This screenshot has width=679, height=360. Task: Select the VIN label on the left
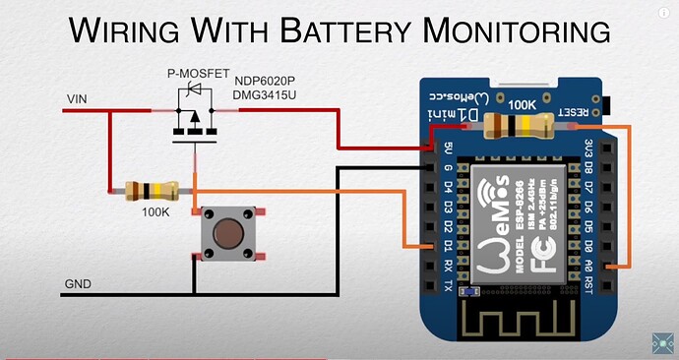click(77, 99)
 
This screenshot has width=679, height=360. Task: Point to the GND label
click(78, 284)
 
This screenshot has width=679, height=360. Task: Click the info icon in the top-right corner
click(662, 13)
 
